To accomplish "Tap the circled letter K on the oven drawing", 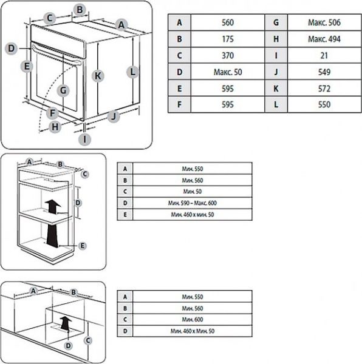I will pyautogui.click(x=98, y=76).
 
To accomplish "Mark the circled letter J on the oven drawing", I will pyautogui.click(x=112, y=116).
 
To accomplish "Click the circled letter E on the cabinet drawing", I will pyautogui.click(x=83, y=244).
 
